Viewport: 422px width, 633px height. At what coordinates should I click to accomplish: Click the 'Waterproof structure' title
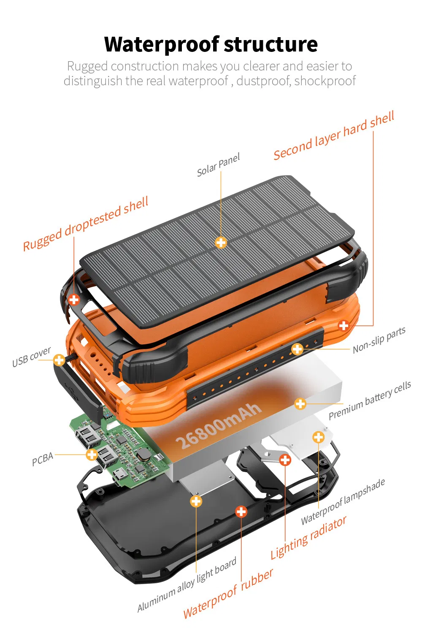[x=211, y=44]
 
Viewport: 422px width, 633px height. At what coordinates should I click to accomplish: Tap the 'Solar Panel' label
[x=218, y=165]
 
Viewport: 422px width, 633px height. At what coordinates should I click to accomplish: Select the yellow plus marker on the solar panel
[x=221, y=242]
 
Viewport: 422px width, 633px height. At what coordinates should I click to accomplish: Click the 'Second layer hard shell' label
[x=334, y=136]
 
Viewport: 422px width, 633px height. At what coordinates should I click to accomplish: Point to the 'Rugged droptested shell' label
[x=86, y=224]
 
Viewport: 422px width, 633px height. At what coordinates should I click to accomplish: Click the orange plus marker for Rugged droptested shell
[x=74, y=300]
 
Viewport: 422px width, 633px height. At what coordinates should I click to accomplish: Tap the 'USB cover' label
[x=31, y=357]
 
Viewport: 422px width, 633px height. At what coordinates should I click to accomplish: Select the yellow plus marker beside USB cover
[x=59, y=360]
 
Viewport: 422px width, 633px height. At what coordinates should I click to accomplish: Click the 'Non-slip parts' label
[x=379, y=340]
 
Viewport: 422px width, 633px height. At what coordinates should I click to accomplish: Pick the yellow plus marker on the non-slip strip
[x=298, y=349]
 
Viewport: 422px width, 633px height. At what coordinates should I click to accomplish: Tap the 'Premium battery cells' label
[x=370, y=400]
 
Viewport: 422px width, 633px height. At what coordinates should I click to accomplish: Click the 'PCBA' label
[x=43, y=459]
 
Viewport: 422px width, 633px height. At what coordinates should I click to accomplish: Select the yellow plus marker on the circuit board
[x=92, y=454]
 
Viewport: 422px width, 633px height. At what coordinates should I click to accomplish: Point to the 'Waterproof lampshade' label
[x=343, y=502]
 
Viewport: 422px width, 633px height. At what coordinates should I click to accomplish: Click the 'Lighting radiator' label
[x=308, y=538]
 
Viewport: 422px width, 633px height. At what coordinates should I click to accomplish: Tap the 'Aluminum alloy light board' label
[x=187, y=585]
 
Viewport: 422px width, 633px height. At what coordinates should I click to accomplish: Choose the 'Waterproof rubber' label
[x=228, y=594]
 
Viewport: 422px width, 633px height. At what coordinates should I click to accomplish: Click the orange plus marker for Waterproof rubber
[x=241, y=512]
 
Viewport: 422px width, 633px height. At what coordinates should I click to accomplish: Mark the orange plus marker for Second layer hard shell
[x=344, y=325]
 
